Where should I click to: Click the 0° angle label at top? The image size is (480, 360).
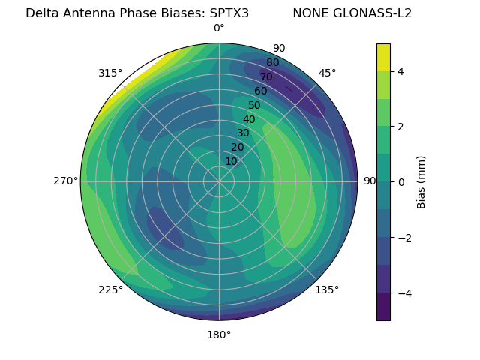[219, 28]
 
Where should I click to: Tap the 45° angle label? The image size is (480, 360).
[327, 73]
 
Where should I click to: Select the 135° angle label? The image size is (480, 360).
[327, 289]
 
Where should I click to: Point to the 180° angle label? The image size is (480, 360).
[219, 334]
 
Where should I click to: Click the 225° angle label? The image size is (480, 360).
[110, 289]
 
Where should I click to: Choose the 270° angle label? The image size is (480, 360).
[65, 181]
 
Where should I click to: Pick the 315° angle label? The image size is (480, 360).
[110, 73]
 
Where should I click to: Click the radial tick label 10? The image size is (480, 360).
[231, 161]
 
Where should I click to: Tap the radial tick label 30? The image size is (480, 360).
[243, 133]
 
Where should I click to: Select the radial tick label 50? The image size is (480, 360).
[255, 106]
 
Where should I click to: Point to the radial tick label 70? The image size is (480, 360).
[266, 76]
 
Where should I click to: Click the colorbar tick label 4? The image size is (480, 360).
[400, 71]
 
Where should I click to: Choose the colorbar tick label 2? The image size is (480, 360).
[400, 127]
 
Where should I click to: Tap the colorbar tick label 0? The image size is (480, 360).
[400, 182]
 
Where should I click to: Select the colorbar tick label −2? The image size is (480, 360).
[403, 238]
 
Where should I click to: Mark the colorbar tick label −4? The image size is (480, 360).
[403, 293]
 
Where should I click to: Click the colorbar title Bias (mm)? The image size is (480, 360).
[421, 182]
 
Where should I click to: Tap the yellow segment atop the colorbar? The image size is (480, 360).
[383, 57]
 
